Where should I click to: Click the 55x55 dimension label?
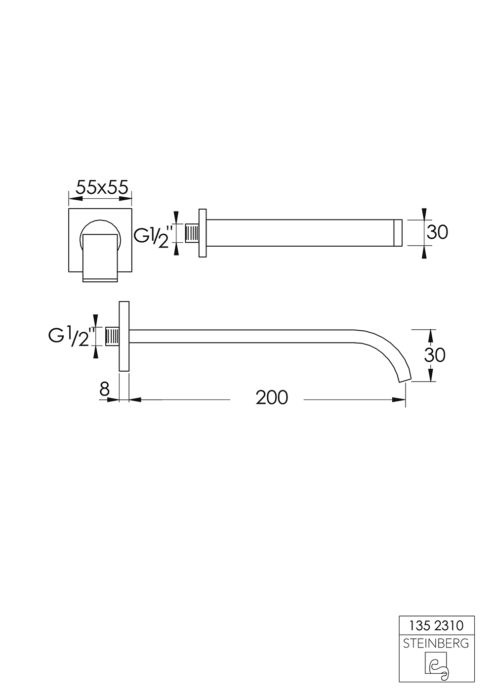(102, 187)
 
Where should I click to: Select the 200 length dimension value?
(271, 397)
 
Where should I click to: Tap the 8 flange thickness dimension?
(104, 390)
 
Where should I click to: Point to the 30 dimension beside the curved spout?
(435, 355)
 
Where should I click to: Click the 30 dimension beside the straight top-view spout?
(437, 232)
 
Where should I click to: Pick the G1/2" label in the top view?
(155, 234)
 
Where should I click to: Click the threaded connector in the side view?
(113, 337)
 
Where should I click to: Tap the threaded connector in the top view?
(192, 233)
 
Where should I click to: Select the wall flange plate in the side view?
(124, 336)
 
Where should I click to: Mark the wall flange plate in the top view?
(203, 233)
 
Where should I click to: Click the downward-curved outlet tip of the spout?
(404, 376)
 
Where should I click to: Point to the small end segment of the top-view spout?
(399, 233)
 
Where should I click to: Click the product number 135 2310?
(436, 626)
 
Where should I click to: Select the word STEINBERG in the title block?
(436, 644)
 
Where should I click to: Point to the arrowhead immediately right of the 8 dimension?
(135, 399)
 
